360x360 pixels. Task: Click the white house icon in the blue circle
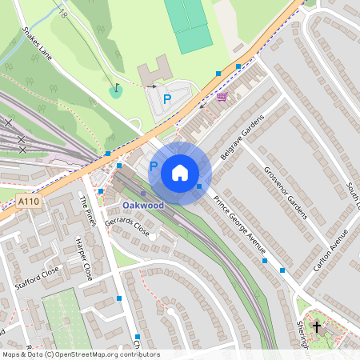(x=180, y=173)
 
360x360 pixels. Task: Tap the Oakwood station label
(x=143, y=206)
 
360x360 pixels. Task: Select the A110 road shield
(x=29, y=203)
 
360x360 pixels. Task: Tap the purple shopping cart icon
(x=222, y=97)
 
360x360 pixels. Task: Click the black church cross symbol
(x=317, y=327)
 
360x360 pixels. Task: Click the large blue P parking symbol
(x=167, y=99)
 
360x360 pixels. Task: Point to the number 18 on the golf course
(x=62, y=13)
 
